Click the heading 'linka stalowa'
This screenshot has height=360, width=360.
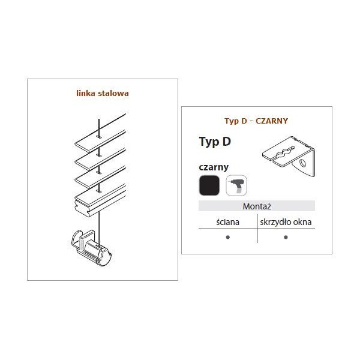click(x=103, y=94)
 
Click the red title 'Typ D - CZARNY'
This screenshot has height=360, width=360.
click(x=256, y=121)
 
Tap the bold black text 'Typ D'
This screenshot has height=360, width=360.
click(x=215, y=142)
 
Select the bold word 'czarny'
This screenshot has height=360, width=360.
click(x=214, y=167)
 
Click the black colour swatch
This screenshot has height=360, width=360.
click(x=209, y=185)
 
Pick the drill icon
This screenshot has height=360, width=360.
click(x=236, y=185)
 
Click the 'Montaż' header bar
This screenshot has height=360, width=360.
click(x=257, y=206)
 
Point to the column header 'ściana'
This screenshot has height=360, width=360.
click(x=227, y=222)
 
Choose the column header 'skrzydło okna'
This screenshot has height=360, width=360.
click(x=286, y=222)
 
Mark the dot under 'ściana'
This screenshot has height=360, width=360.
click(x=228, y=237)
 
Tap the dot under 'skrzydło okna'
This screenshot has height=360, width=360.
click(x=286, y=237)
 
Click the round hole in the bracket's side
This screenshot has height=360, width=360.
click(x=303, y=163)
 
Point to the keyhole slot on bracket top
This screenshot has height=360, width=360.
click(x=284, y=152)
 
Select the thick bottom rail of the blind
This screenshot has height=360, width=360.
click(x=100, y=200)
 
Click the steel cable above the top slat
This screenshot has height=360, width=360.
click(x=99, y=128)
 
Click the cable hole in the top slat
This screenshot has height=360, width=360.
click(x=99, y=137)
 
